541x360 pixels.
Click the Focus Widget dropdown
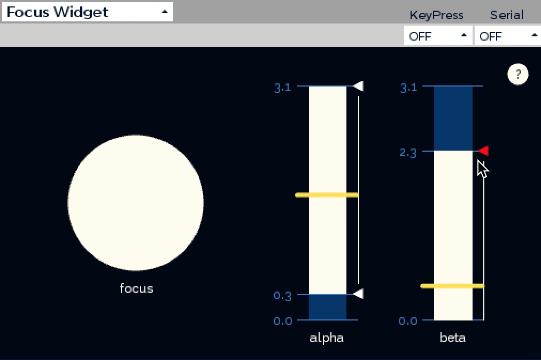point(87,12)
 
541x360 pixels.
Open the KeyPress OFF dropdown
point(438,36)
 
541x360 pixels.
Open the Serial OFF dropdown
point(508,36)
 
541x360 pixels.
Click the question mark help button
point(517,74)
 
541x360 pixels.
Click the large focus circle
point(136,203)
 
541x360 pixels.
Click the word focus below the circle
point(136,288)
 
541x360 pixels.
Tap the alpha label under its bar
point(327,338)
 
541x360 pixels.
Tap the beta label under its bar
point(453,337)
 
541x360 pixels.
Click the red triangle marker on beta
point(484,151)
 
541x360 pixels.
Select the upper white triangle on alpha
point(359,86)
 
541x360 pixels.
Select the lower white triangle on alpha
point(359,294)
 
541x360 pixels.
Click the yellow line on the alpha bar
point(327,195)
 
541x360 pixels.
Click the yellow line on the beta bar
point(453,286)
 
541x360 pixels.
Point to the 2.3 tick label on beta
point(408,152)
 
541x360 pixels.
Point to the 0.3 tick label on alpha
point(282,295)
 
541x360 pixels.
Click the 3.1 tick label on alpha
point(283,88)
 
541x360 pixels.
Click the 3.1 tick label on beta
point(408,88)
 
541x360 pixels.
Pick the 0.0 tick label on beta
point(408,321)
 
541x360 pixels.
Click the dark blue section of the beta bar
point(453,118)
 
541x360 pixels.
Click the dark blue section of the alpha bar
point(327,307)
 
